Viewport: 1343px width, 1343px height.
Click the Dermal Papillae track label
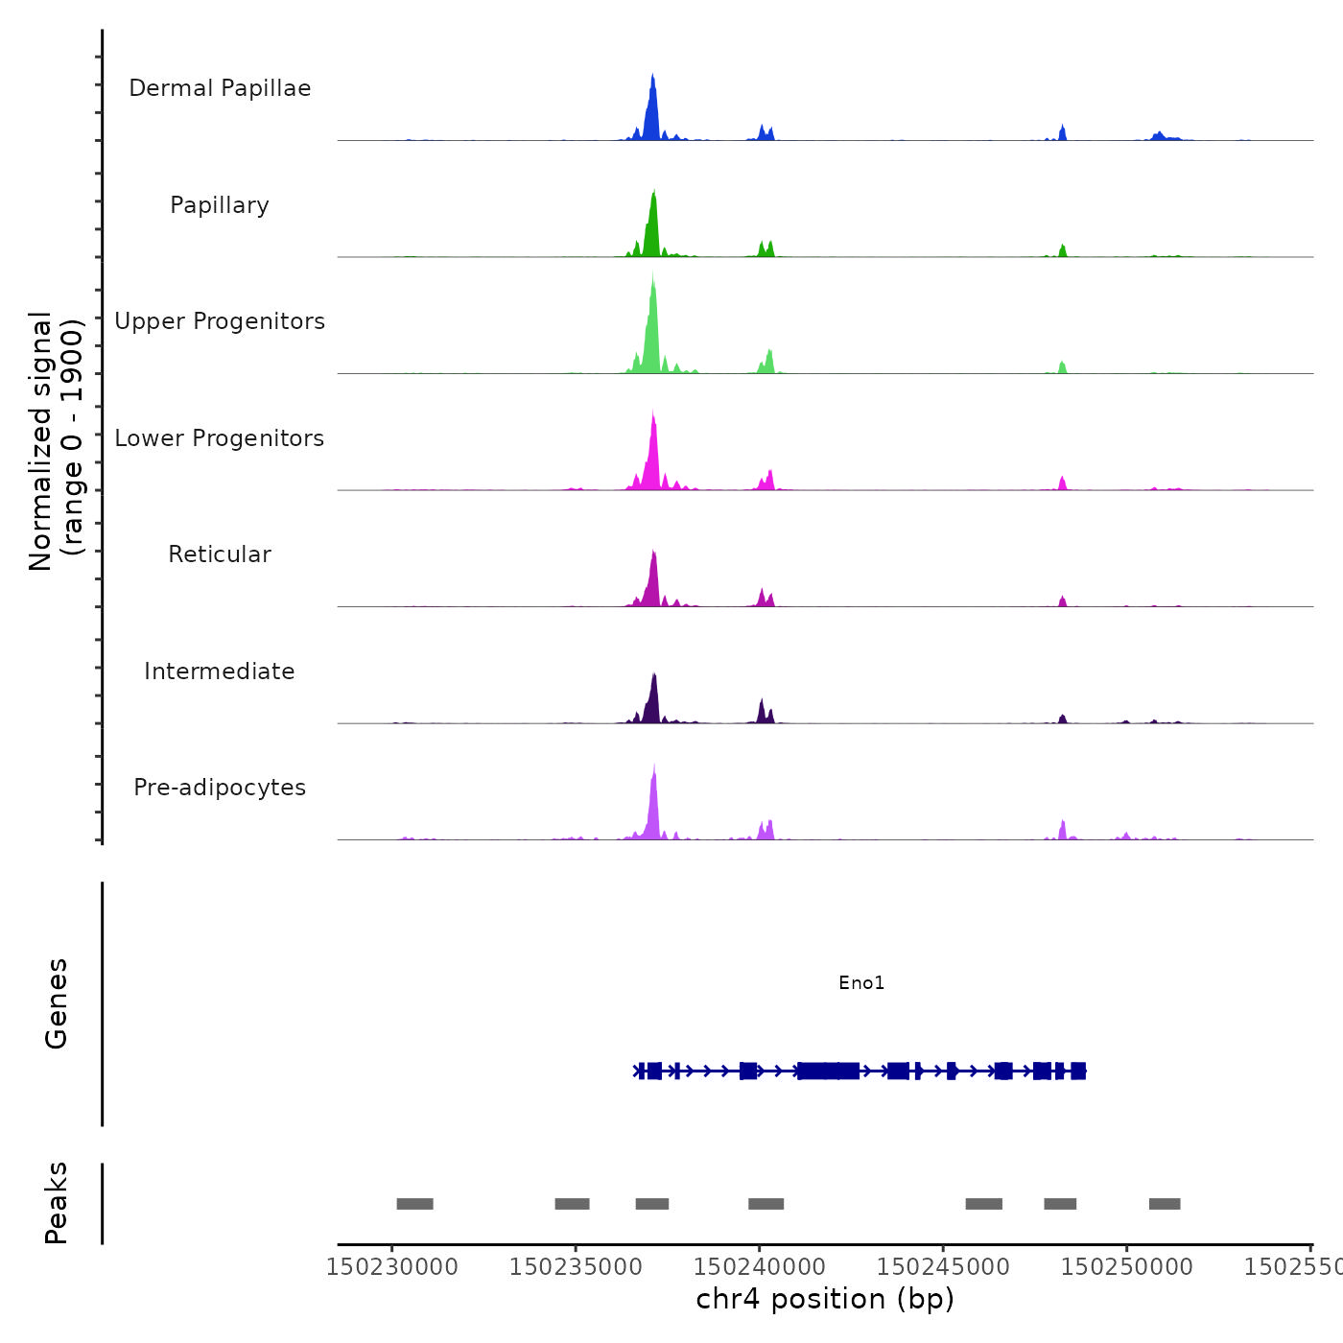pyautogui.click(x=220, y=88)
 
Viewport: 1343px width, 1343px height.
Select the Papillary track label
pyautogui.click(x=220, y=205)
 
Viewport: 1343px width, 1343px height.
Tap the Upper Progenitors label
pyautogui.click(x=220, y=321)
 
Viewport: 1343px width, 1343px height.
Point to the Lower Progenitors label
pyautogui.click(x=220, y=438)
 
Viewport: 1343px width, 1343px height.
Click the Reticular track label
pyautogui.click(x=220, y=554)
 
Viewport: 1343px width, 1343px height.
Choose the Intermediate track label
pyautogui.click(x=220, y=671)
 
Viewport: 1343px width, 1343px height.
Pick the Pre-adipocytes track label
pyautogui.click(x=220, y=788)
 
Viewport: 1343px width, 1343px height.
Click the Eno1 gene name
pyautogui.click(x=861, y=982)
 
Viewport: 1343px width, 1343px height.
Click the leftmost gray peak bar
pyautogui.click(x=414, y=1204)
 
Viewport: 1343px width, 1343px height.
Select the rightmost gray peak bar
pyautogui.click(x=1165, y=1204)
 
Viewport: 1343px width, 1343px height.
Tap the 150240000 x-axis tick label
pyautogui.click(x=759, y=1266)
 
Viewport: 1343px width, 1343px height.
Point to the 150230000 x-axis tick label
pyautogui.click(x=391, y=1266)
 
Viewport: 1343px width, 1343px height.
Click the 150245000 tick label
pyautogui.click(x=943, y=1266)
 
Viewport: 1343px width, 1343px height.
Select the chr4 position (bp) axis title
pyautogui.click(x=825, y=1299)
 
